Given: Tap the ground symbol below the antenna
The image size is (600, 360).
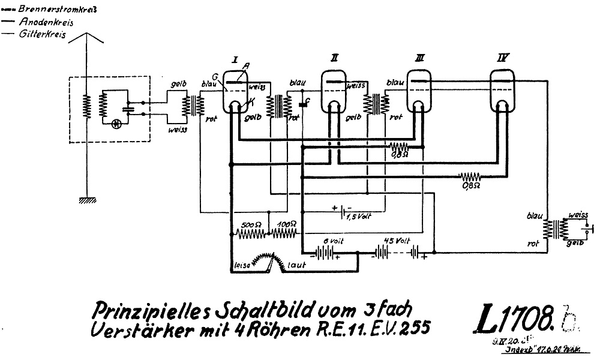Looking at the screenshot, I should tap(86, 202).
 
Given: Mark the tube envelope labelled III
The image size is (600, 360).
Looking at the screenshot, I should tap(420, 91).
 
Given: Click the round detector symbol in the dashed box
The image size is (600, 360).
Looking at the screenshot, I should tap(116, 123).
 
